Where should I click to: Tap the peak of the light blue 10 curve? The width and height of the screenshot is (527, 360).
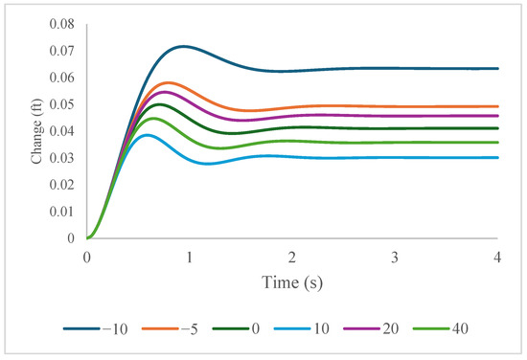pyautogui.click(x=147, y=134)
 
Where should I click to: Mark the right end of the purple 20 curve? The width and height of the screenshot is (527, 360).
pyautogui.click(x=498, y=116)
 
